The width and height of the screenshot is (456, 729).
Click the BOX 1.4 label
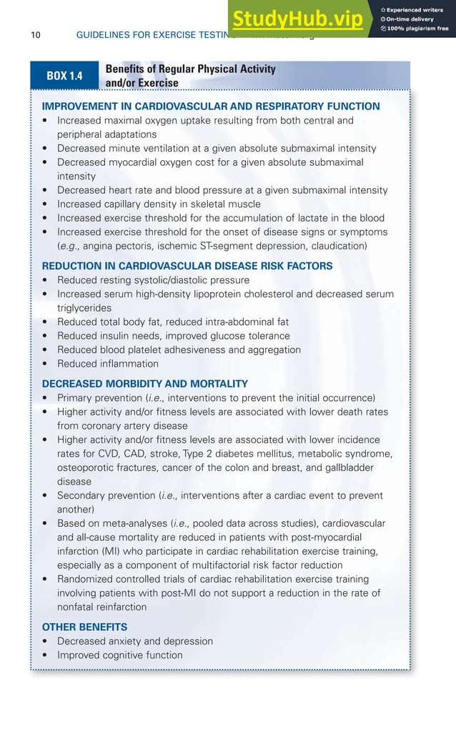pyautogui.click(x=64, y=76)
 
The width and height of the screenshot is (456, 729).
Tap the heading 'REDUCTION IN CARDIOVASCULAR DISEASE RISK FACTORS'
pyautogui.click(x=187, y=266)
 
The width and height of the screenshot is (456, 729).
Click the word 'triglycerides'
pyautogui.click(x=84, y=307)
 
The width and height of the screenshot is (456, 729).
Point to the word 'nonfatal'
pyautogui.click(x=77, y=607)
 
